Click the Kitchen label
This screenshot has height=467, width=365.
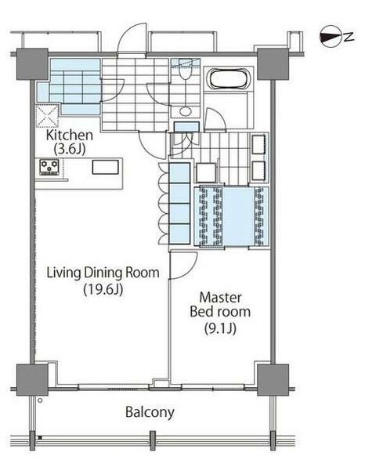tap(70, 136)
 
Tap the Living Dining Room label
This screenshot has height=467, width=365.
tap(103, 273)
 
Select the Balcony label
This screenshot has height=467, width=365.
tap(150, 413)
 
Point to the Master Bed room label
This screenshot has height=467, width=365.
tap(220, 304)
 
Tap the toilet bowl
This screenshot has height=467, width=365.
tap(185, 71)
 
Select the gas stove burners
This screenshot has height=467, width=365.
tap(49, 167)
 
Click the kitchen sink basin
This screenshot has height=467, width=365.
tap(106, 167)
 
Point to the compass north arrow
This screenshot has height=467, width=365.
tap(331, 38)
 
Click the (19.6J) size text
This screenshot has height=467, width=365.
tap(103, 289)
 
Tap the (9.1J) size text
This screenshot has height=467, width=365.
tap(220, 328)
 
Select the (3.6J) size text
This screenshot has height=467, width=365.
tap(70, 149)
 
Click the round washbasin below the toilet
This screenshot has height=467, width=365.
tap(186, 111)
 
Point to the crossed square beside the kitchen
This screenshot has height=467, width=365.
tap(47, 116)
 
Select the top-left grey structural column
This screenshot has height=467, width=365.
tap(32, 64)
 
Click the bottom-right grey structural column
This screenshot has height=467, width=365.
tap(273, 380)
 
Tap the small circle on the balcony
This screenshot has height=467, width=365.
tap(40, 400)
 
